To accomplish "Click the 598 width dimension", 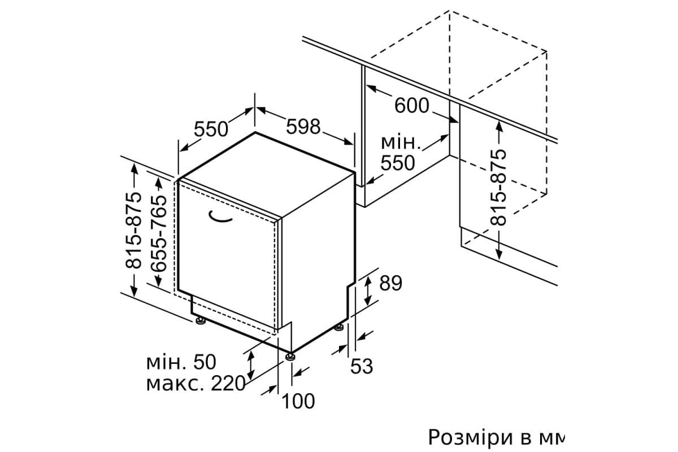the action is [x=303, y=127].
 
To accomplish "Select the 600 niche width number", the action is [x=412, y=106].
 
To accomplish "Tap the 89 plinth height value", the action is [x=390, y=283].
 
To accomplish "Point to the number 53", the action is [x=362, y=366].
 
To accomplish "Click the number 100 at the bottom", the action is [x=298, y=402].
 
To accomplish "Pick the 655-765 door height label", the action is [x=159, y=233].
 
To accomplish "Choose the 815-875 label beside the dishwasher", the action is [x=133, y=230].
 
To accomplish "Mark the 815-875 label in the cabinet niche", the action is [x=498, y=187].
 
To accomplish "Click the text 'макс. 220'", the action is [x=195, y=383].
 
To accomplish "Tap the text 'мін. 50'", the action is [x=181, y=362].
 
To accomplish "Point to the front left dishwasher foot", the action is [x=200, y=320].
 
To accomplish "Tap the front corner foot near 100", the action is [x=290, y=357].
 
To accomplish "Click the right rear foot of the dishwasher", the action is [x=339, y=328].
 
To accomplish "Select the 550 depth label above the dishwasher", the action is [x=211, y=129].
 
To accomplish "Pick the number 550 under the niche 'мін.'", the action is [x=398, y=163].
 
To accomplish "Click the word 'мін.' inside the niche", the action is [x=401, y=142].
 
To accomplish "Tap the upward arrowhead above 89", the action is [x=367, y=280].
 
